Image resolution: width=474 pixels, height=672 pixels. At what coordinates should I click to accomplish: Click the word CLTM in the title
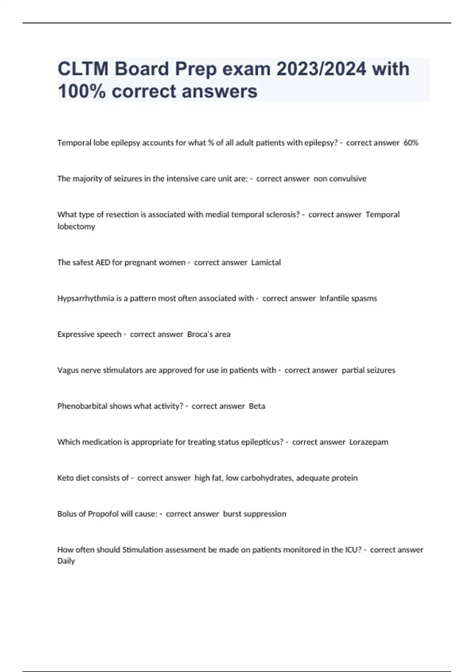(x=83, y=69)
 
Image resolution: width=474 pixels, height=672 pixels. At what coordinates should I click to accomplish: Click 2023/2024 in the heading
(x=321, y=69)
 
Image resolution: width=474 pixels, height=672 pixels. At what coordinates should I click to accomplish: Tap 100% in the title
(x=82, y=91)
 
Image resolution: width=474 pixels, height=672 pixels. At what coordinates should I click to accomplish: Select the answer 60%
(x=411, y=143)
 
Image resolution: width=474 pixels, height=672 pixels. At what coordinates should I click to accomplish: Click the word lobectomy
(x=76, y=227)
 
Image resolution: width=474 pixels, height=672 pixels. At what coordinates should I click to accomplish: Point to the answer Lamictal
(x=266, y=262)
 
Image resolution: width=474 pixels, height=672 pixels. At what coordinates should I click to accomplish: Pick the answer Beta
(x=257, y=406)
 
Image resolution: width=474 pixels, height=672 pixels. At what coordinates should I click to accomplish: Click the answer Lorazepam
(x=369, y=442)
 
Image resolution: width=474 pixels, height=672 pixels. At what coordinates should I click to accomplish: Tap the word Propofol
(x=103, y=514)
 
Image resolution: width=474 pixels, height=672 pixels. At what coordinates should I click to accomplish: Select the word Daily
(x=66, y=561)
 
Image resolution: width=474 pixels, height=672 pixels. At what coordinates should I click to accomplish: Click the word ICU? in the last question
(x=353, y=550)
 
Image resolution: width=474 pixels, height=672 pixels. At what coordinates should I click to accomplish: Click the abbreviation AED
(x=103, y=262)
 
